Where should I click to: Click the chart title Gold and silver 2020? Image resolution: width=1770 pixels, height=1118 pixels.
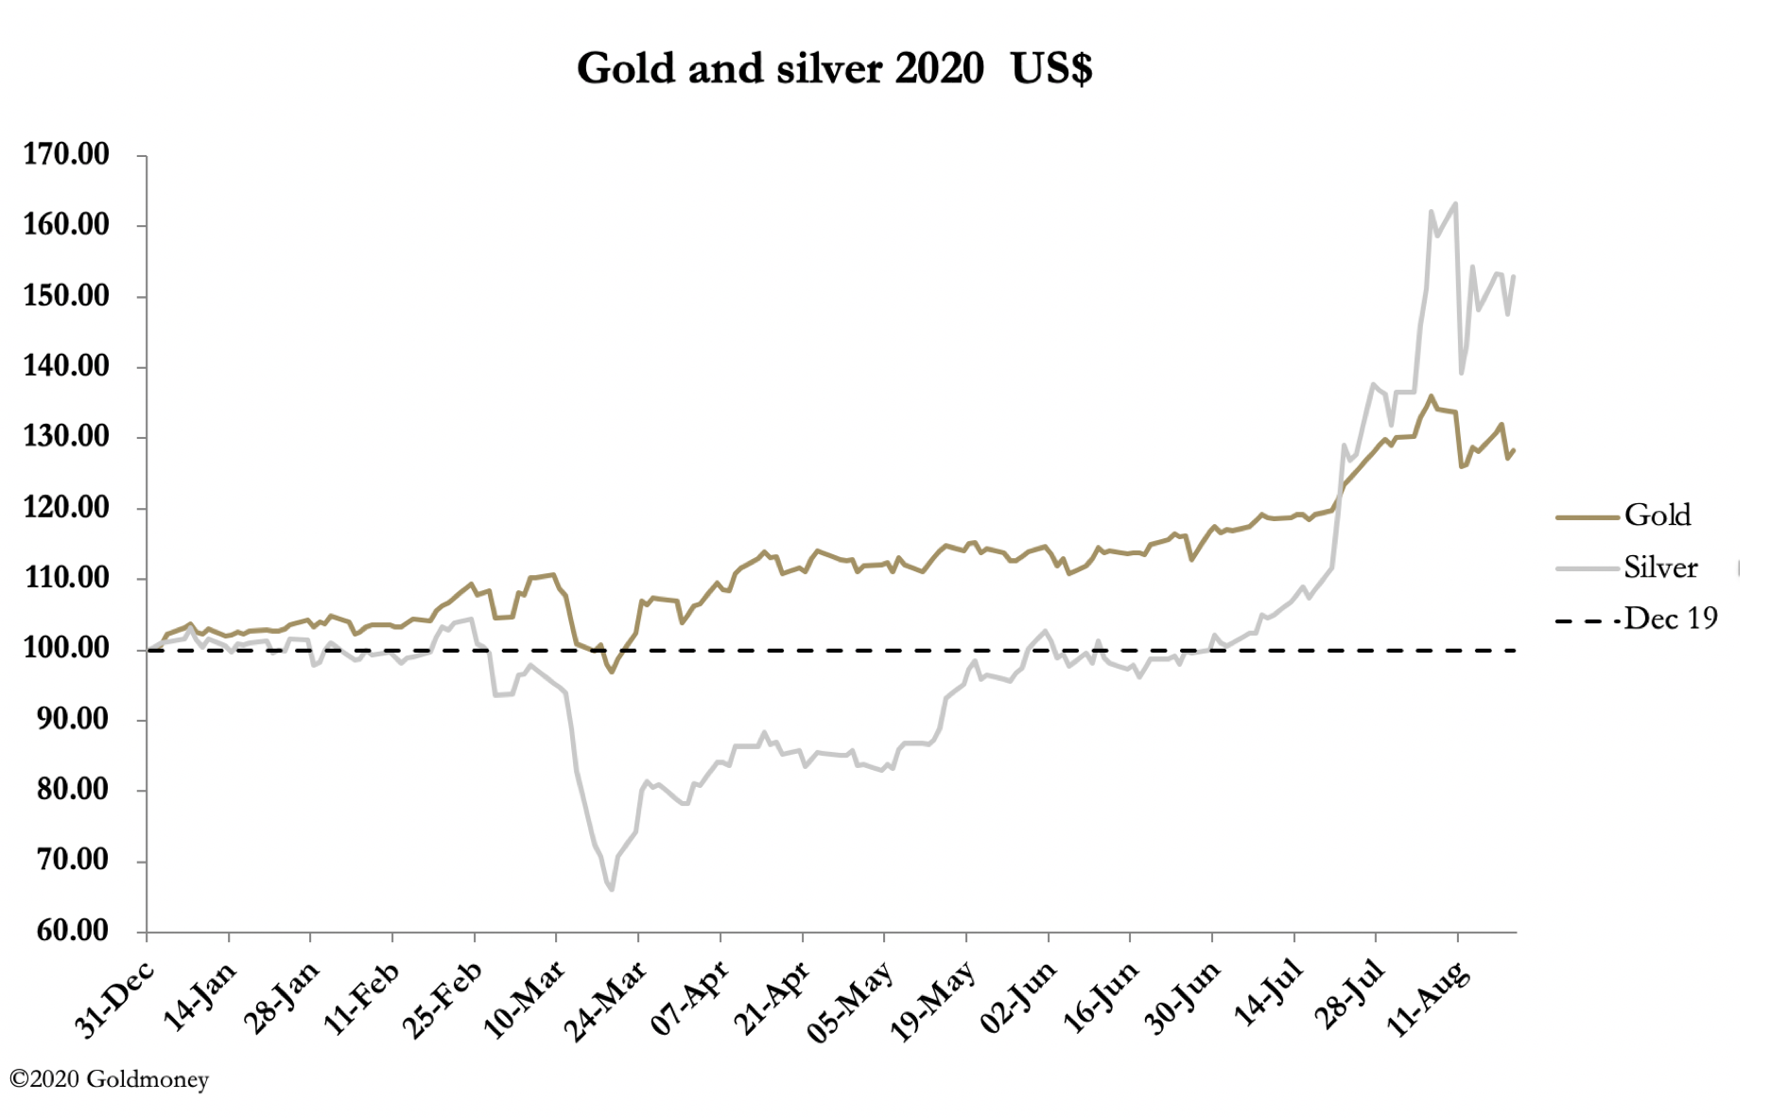[779, 69]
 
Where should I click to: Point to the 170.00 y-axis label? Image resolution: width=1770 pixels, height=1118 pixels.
[66, 154]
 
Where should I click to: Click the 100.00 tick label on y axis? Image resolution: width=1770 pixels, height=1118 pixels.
[66, 649]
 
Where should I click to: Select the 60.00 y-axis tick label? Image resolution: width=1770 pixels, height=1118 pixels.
[72, 931]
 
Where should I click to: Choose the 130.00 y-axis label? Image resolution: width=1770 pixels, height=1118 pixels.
[66, 437]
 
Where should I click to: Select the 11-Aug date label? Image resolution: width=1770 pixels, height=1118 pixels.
[1428, 999]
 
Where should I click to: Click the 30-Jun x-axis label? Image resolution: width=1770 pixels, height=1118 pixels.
[1182, 999]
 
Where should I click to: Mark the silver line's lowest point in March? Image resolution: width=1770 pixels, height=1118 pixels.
[612, 889]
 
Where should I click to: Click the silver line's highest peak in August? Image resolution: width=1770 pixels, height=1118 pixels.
[1454, 203]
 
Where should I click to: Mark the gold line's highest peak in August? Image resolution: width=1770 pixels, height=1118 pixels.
[1431, 396]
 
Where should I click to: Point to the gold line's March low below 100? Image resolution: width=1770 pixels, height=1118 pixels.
[612, 672]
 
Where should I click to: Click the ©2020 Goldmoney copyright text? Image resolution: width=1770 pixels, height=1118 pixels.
[109, 1079]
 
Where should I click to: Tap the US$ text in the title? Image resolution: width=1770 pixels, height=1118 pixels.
[1051, 69]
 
